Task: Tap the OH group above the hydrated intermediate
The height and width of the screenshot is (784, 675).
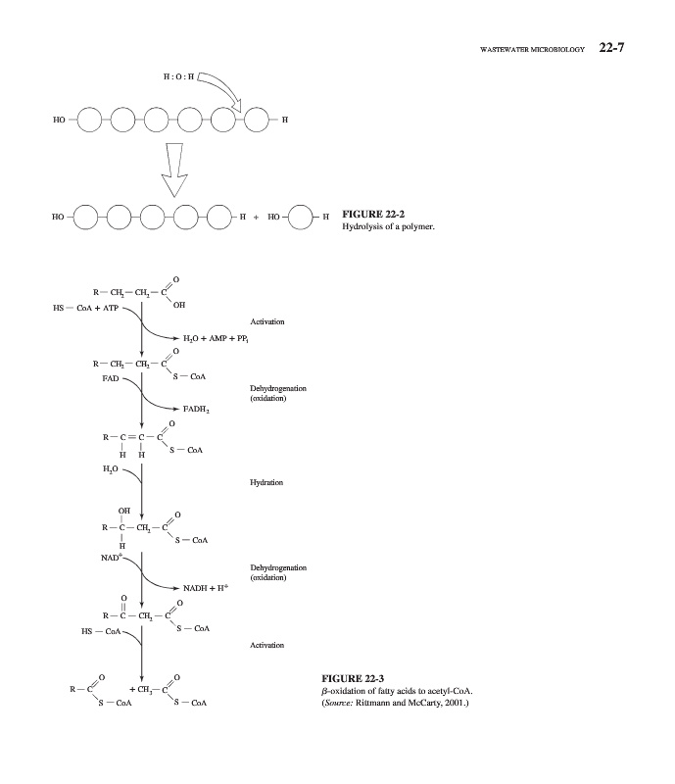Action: [123, 511]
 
